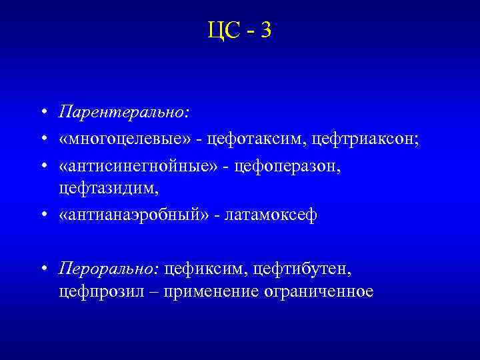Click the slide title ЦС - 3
(x=239, y=29)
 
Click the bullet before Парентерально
(x=43, y=112)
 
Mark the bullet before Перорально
(x=43, y=269)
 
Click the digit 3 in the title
(x=266, y=29)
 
